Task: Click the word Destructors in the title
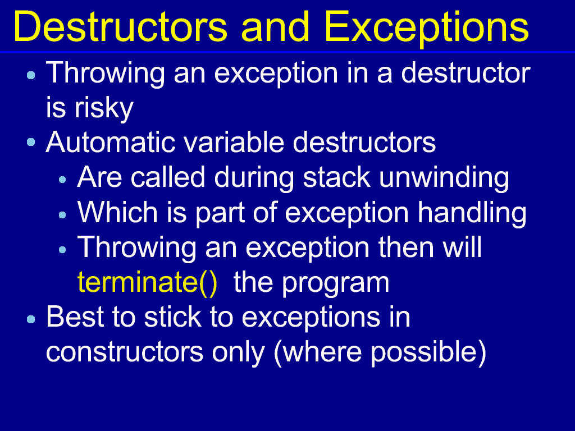[x=120, y=27]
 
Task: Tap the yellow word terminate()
[x=148, y=283]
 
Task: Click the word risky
[x=104, y=108]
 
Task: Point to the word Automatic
[x=111, y=142]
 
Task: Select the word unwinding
[x=444, y=178]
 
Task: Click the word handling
[x=472, y=213]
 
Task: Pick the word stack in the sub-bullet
[x=336, y=178]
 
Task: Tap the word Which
[x=117, y=212]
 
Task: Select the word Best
[x=75, y=317]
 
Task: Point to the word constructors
[x=125, y=352]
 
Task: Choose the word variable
[x=234, y=142]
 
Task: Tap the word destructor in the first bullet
[x=466, y=74]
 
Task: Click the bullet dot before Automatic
[x=31, y=142]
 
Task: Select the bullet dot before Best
[x=31, y=319]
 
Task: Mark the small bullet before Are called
[x=62, y=180]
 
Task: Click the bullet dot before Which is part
[x=62, y=215]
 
